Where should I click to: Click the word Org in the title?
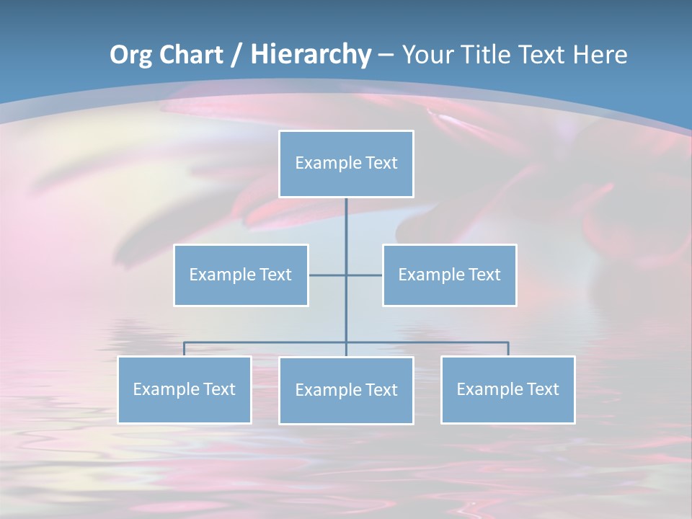pyautogui.click(x=130, y=55)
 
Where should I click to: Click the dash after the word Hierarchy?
pyautogui.click(x=386, y=55)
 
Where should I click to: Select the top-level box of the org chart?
pyautogui.click(x=346, y=164)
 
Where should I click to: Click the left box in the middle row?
pyautogui.click(x=241, y=275)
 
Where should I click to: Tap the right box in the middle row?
pyautogui.click(x=449, y=275)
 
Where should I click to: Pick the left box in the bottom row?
pyautogui.click(x=184, y=389)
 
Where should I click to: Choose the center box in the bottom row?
pyautogui.click(x=346, y=390)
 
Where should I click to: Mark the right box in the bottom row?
pyautogui.click(x=507, y=389)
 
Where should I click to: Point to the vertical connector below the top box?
pyautogui.click(x=346, y=231)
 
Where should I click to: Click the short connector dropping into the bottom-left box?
pyautogui.click(x=184, y=349)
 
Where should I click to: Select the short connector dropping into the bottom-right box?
pyautogui.click(x=508, y=349)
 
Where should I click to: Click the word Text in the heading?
pyautogui.click(x=544, y=55)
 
